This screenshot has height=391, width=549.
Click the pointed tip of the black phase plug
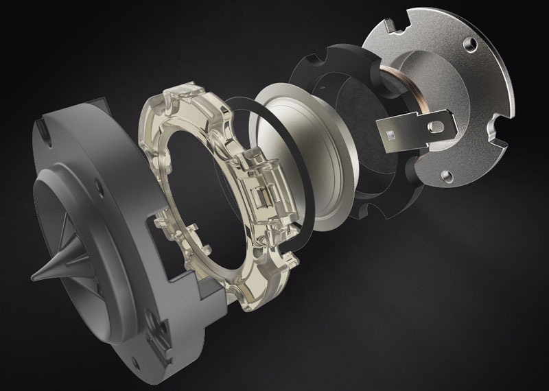pyautogui.click(x=32, y=277)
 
